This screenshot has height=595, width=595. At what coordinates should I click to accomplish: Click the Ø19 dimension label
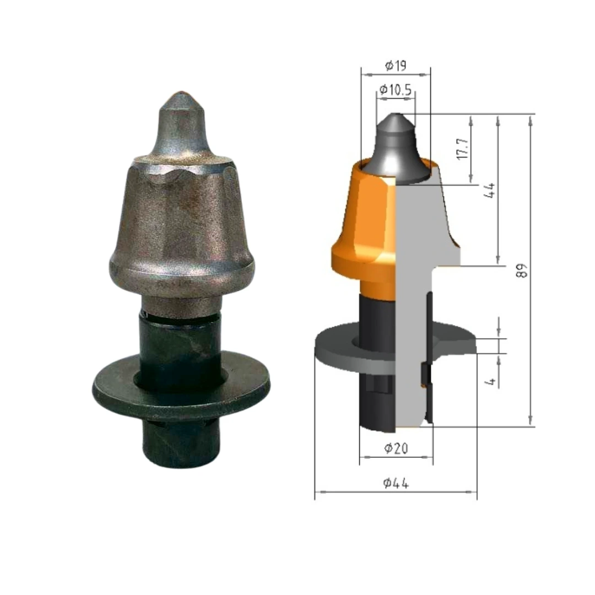tap(396, 66)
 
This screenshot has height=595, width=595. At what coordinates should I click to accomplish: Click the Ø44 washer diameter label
tap(396, 484)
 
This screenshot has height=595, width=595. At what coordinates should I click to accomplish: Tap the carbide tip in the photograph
tap(181, 124)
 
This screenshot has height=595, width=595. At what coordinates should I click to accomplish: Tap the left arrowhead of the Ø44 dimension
tap(318, 491)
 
